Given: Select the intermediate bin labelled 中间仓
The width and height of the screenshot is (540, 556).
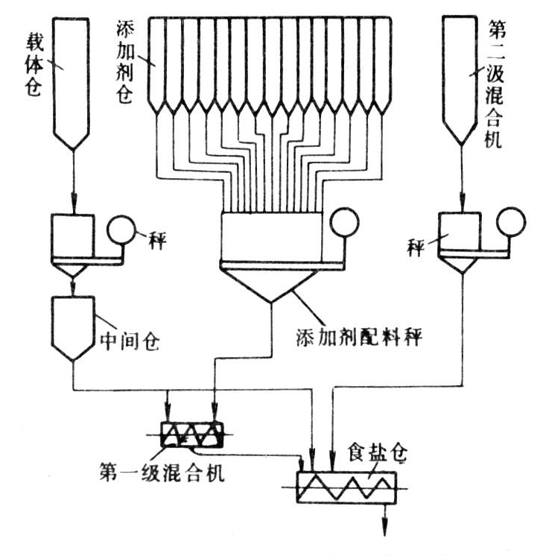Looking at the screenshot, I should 74,326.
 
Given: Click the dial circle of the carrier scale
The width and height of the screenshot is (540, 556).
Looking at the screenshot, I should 118,231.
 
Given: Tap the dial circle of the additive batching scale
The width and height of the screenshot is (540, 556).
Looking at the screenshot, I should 345,221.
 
